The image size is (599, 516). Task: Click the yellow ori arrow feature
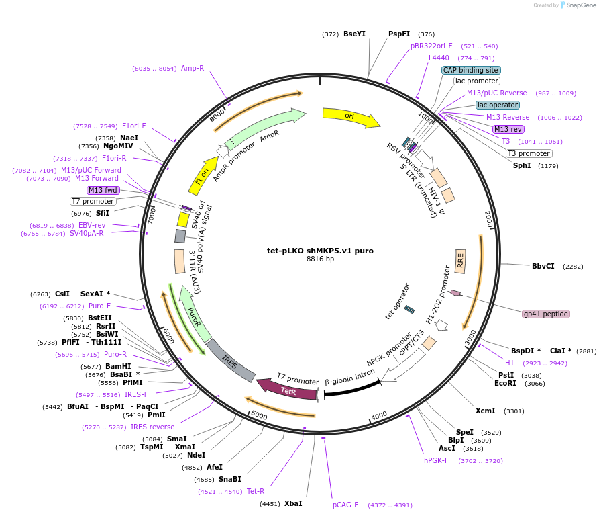point(350,117)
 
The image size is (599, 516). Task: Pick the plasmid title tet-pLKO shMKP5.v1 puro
point(320,251)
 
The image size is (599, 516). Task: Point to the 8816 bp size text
point(320,259)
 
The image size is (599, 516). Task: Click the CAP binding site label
point(471,70)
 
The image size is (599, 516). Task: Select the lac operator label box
point(498,105)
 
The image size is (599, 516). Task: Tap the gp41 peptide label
point(546,314)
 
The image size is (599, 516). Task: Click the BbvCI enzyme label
point(543,266)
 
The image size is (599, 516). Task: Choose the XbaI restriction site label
point(293,503)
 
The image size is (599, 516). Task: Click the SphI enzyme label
point(522,165)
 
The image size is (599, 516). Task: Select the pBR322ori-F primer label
point(431,46)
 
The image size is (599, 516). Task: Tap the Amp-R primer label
point(193,68)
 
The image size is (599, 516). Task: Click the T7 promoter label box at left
point(93,201)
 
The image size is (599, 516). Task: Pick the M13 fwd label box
point(103,190)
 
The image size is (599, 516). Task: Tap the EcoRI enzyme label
point(505,384)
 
